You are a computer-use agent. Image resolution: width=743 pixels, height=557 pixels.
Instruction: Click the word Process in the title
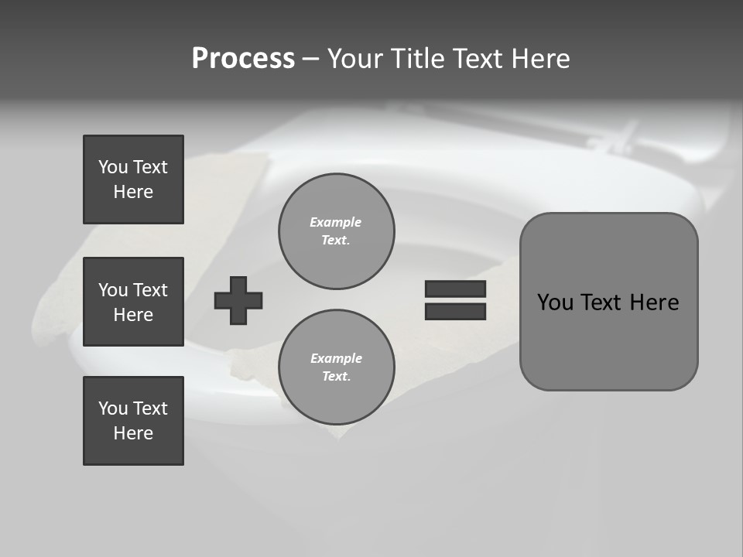pyautogui.click(x=243, y=59)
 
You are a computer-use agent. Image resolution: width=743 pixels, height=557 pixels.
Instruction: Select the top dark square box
pyautogui.click(x=133, y=179)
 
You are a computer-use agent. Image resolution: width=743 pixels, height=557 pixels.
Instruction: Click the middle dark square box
pyautogui.click(x=133, y=302)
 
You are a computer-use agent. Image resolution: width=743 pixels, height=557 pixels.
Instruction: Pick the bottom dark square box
pyautogui.click(x=133, y=420)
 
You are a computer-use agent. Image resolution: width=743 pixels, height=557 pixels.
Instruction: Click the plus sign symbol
pyautogui.click(x=238, y=300)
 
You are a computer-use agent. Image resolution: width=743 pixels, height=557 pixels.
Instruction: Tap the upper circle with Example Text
pyautogui.click(x=336, y=231)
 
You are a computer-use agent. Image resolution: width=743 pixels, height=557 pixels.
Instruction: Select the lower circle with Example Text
pyautogui.click(x=336, y=367)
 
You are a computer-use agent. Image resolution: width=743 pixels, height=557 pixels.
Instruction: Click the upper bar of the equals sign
pyautogui.click(x=455, y=289)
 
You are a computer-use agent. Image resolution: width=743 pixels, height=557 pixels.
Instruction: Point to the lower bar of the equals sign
pyautogui.click(x=455, y=311)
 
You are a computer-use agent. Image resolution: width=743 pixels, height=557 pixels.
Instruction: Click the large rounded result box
pyautogui.click(x=608, y=302)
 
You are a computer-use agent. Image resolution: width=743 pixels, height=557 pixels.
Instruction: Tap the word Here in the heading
pyautogui.click(x=539, y=59)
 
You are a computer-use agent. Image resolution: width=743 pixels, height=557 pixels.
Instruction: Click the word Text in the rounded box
pyautogui.click(x=602, y=302)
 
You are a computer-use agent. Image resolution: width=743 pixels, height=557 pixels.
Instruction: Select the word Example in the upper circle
pyautogui.click(x=335, y=222)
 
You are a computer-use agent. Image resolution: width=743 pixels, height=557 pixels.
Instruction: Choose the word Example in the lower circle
pyautogui.click(x=336, y=358)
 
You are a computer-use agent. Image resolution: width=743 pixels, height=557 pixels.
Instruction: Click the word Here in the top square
pyautogui.click(x=133, y=192)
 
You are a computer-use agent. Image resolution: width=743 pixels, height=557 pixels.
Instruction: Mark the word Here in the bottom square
pyautogui.click(x=133, y=433)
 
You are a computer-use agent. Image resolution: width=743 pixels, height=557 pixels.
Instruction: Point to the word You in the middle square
pyautogui.click(x=112, y=290)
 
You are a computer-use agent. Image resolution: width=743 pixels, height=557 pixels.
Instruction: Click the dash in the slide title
pyautogui.click(x=310, y=59)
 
